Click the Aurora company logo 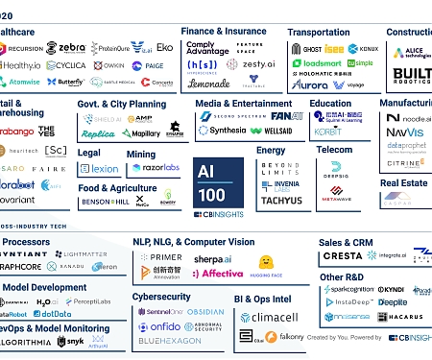point(309,85)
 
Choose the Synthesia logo point(224,131)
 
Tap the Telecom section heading point(334,150)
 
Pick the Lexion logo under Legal point(100,168)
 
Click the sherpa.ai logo point(214,258)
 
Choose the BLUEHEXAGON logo point(169,341)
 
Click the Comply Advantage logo point(206,49)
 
